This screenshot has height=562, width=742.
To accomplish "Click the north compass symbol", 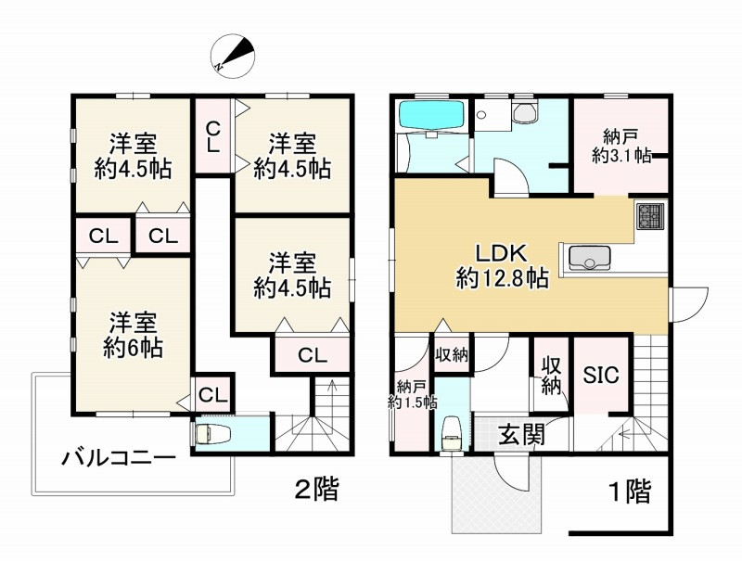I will click(234, 55).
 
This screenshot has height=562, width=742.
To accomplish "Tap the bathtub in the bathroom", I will click(430, 118).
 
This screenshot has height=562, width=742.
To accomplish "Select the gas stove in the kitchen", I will click(646, 218).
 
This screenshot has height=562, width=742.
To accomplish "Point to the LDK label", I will click(501, 252).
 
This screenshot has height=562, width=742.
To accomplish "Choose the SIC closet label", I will click(601, 375).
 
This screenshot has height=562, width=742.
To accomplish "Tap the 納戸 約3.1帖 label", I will click(620, 147).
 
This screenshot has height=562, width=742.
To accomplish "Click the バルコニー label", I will click(118, 457).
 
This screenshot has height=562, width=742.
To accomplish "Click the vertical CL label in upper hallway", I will click(213, 137).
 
